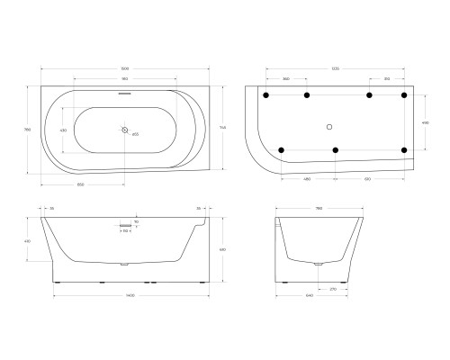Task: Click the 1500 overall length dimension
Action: coord(124,68)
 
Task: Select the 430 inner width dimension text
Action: coord(63,130)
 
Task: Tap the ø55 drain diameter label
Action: coord(135,133)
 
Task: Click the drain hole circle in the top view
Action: coord(125,129)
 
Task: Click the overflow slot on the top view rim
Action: coord(125,93)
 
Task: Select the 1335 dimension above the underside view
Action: coord(334,68)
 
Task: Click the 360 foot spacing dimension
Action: coord(285,79)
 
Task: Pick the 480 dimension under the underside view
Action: coord(307,178)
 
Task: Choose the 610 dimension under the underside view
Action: coord(368,178)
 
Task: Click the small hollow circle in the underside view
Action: coord(329,126)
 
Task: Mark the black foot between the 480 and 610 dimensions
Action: coord(335,149)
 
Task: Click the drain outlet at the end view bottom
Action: coord(317,265)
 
